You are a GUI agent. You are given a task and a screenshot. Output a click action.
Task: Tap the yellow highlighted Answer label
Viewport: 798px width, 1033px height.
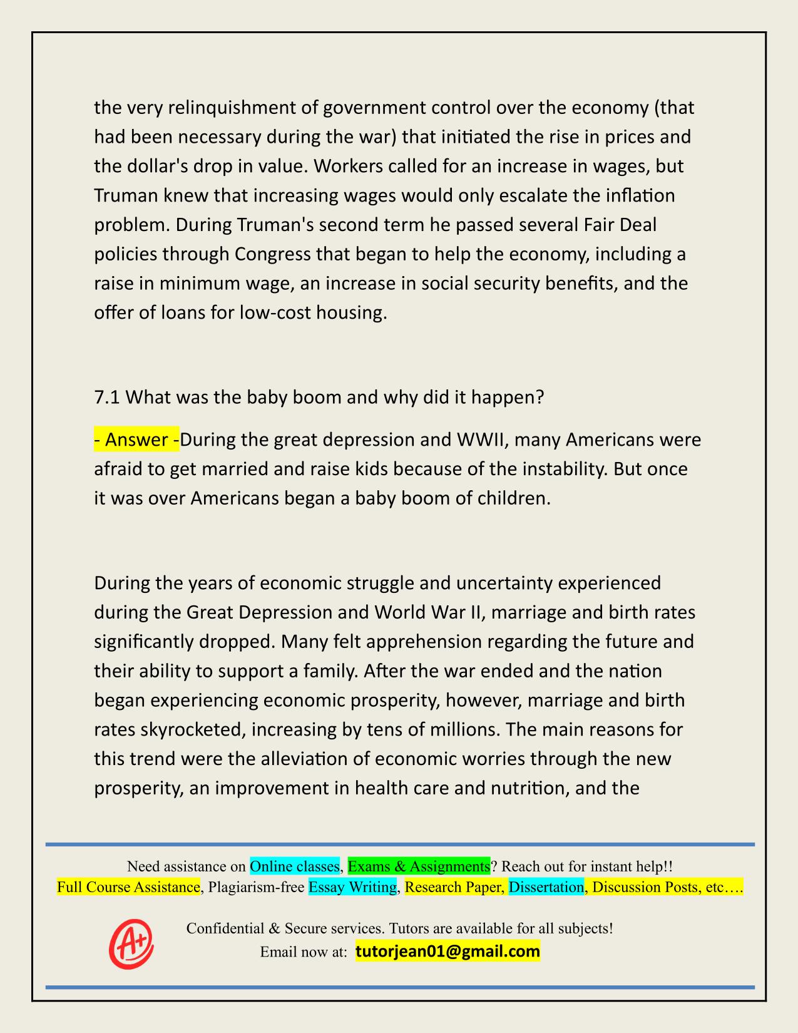(x=136, y=440)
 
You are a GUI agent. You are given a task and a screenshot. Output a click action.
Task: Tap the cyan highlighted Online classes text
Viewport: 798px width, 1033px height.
(x=294, y=866)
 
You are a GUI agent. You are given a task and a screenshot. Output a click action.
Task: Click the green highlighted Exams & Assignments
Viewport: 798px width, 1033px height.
(x=419, y=866)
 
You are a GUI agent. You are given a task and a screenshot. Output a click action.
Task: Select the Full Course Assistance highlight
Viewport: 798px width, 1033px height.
(x=128, y=887)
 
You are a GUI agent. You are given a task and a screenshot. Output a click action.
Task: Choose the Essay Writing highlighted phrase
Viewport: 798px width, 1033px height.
(x=353, y=887)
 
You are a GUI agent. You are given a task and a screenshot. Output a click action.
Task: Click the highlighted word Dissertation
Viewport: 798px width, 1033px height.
(x=546, y=887)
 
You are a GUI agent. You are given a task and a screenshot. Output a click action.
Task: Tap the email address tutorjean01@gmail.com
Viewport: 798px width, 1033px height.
(x=448, y=952)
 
